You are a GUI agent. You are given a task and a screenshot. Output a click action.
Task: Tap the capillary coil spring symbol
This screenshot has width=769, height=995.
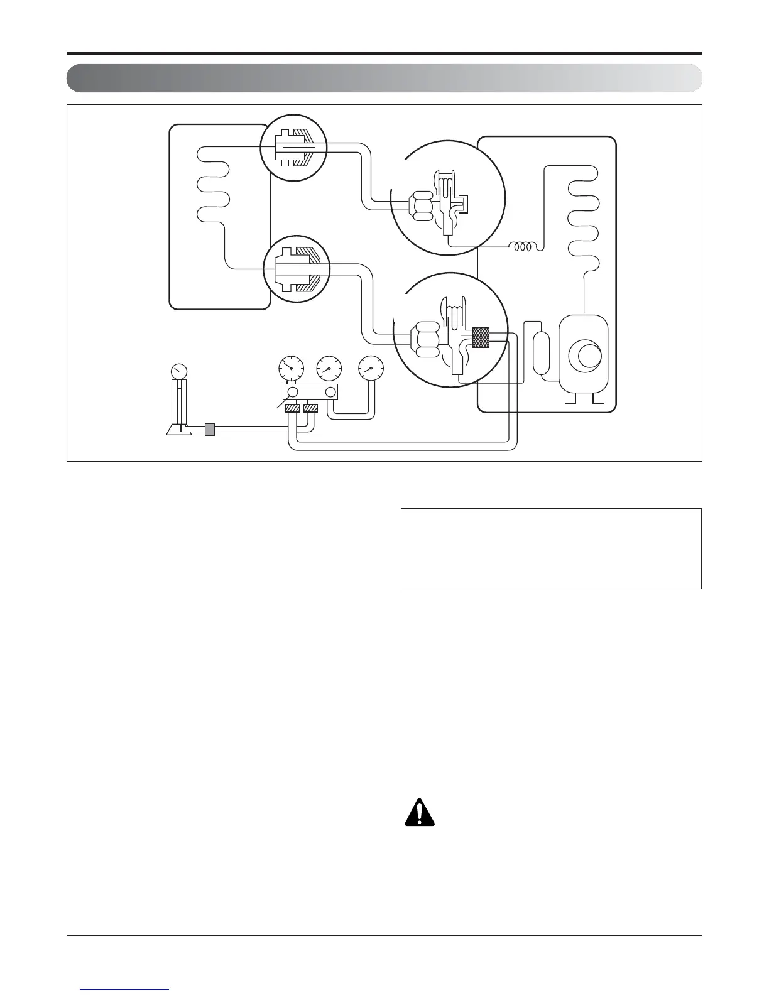524,247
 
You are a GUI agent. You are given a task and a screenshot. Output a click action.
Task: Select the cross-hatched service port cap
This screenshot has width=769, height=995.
481,337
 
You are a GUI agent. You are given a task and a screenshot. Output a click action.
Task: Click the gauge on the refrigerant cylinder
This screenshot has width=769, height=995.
179,371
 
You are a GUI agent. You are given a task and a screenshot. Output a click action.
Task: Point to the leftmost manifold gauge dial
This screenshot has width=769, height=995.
291,368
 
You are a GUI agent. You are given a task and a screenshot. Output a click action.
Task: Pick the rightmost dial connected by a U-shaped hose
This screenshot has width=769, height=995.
370,368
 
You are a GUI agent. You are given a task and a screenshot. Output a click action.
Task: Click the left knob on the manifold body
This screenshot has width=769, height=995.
292,393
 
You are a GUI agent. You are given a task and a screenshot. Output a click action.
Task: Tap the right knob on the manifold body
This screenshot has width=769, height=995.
330,393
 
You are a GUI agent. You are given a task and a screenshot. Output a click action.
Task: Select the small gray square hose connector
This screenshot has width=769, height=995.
210,430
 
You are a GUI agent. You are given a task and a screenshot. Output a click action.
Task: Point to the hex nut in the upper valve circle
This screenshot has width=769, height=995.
420,208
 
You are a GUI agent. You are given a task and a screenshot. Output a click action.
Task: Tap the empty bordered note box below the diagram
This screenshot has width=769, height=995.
550,548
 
